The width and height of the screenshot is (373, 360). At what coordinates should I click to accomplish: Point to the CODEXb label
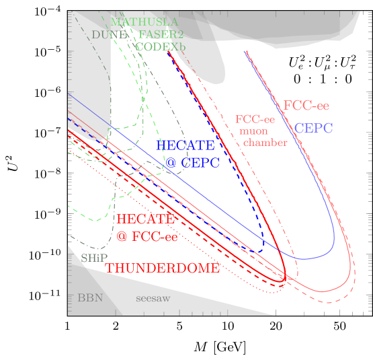coord(160,47)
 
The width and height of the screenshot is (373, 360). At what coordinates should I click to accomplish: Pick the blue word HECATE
coord(185,146)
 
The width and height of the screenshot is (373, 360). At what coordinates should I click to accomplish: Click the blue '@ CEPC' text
coord(185,163)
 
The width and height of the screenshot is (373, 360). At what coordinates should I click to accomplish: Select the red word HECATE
coord(146,219)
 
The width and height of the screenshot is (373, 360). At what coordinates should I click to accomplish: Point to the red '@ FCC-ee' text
coord(147,236)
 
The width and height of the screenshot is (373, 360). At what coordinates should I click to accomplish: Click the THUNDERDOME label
coord(162,268)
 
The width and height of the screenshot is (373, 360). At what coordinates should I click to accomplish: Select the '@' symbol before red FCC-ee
coord(122,236)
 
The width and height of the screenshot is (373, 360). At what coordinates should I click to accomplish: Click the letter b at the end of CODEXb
coord(181,47)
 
